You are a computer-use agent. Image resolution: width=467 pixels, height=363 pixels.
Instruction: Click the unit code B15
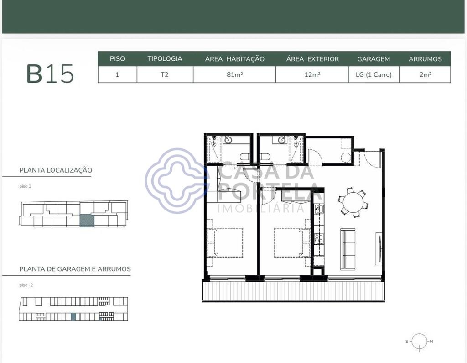tap(50, 74)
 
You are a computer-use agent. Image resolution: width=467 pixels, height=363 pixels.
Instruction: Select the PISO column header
tap(117, 59)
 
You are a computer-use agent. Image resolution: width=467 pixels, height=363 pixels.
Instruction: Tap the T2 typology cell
tap(164, 74)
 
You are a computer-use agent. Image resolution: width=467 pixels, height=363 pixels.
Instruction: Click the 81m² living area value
tap(235, 74)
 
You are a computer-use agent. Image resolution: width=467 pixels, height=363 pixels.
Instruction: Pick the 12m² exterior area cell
tap(312, 74)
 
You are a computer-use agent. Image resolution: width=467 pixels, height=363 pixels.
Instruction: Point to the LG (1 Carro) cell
tap(374, 74)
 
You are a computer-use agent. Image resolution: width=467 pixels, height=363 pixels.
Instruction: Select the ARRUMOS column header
tap(425, 59)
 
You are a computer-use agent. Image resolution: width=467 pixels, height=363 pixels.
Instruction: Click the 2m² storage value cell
tap(425, 74)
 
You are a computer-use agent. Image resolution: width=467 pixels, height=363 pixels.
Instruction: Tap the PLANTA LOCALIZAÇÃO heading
tap(56, 170)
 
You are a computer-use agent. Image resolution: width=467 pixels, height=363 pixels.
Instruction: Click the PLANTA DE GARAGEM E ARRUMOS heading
tap(75, 269)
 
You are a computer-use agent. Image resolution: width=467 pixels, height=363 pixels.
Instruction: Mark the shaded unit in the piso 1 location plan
tap(87, 221)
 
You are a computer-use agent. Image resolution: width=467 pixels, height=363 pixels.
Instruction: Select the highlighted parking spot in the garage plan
tap(73, 317)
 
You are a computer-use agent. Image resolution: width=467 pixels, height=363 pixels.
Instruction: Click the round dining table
tap(353, 203)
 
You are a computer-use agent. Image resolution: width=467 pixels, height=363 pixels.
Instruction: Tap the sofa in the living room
tap(348, 249)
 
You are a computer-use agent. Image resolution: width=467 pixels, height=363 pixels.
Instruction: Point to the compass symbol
tap(420, 342)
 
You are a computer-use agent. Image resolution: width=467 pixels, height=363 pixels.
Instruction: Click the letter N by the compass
tap(431, 341)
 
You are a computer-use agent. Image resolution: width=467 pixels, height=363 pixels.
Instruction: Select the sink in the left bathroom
tap(228, 140)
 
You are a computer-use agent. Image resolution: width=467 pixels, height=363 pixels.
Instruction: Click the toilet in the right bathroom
tap(265, 157)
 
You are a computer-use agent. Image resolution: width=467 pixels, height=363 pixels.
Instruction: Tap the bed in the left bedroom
tap(225, 242)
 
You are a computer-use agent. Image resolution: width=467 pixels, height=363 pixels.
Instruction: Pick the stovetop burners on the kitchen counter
tap(319, 238)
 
